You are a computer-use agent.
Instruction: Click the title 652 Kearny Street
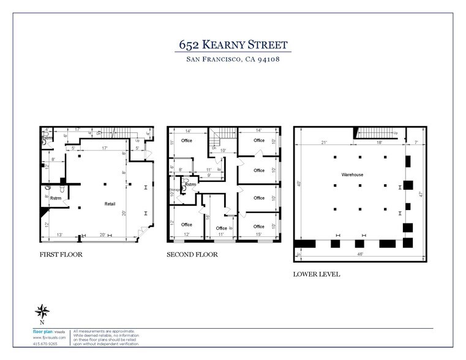(x=233, y=45)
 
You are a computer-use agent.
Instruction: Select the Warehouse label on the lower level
(x=353, y=175)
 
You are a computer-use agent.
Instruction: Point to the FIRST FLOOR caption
(x=61, y=254)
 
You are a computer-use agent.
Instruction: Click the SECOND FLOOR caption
(x=190, y=254)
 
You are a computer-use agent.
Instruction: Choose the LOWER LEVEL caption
(x=317, y=274)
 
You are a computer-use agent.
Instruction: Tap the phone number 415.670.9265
(x=45, y=343)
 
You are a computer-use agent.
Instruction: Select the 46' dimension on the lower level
(x=360, y=252)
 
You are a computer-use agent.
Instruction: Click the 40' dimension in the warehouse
(x=299, y=184)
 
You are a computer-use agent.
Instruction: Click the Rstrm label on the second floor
(x=190, y=184)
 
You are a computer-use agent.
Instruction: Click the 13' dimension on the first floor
(x=59, y=234)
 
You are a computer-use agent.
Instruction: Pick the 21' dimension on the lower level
(x=323, y=143)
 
